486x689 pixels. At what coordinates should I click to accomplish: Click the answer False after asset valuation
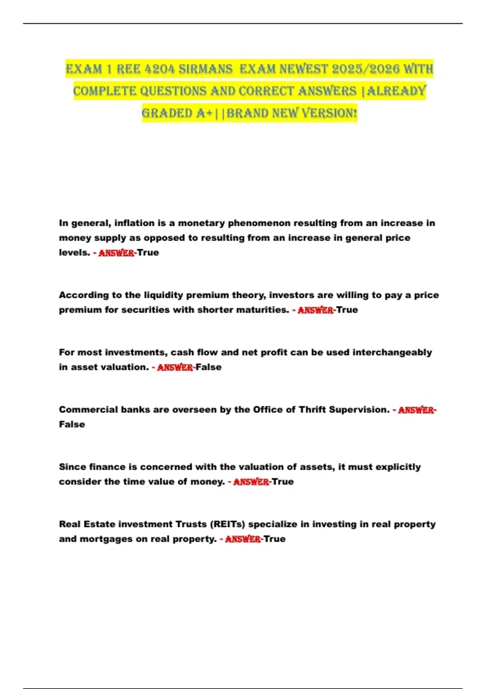[x=209, y=367]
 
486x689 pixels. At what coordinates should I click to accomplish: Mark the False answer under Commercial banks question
[x=72, y=424]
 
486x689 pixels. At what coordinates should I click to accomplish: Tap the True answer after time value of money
[x=283, y=482]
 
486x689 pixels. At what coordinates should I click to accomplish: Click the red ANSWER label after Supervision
[x=416, y=410]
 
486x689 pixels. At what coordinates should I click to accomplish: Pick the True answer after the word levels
[x=148, y=252]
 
